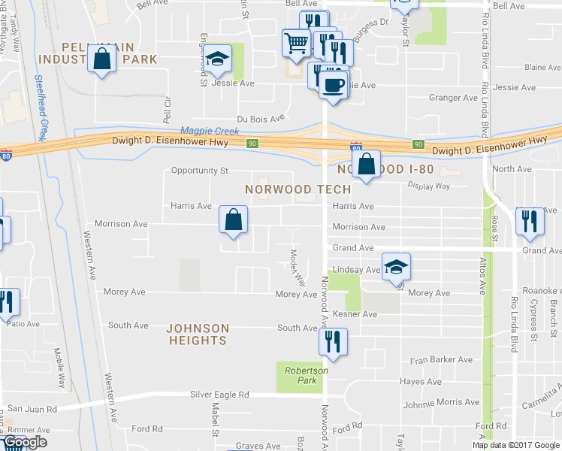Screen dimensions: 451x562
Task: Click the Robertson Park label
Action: point(306,375)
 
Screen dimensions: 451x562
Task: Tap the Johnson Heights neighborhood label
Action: point(197,334)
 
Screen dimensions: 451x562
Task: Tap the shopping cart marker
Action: point(296,42)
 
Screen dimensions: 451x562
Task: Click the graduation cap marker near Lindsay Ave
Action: point(396,266)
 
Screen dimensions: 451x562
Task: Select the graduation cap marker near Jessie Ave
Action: point(218,59)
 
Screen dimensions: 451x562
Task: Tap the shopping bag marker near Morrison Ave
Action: point(233,219)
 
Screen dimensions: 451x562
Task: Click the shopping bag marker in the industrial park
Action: point(101,59)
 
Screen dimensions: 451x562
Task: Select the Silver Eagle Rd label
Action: point(219,395)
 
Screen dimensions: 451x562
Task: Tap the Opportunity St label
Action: point(199,171)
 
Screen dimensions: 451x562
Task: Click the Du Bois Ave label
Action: point(261,118)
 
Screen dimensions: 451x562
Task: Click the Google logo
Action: point(25,442)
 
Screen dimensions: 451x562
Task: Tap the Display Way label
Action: point(428,186)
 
